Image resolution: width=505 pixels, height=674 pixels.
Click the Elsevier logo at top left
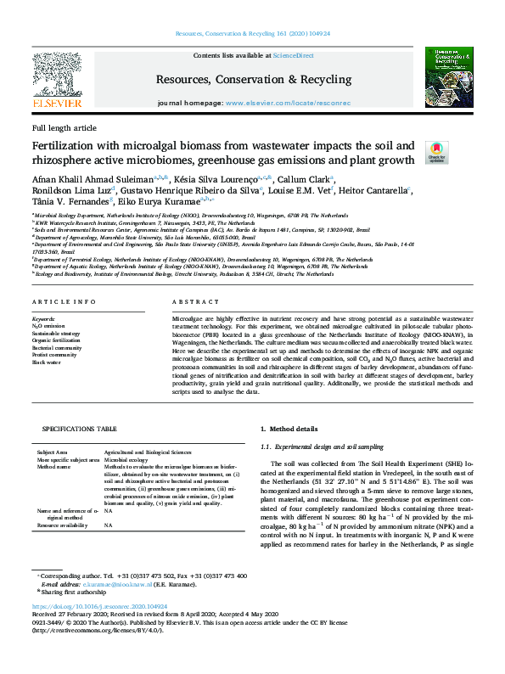pos(57,81)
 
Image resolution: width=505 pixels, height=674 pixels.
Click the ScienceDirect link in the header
pos(293,55)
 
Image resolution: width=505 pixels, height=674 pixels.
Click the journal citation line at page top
pos(252,33)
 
